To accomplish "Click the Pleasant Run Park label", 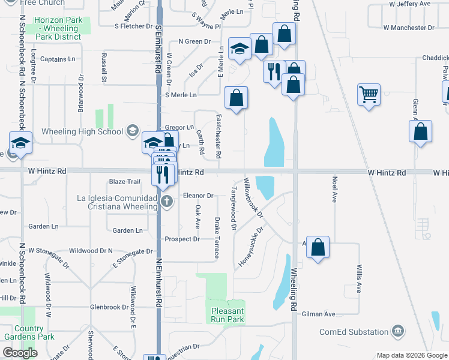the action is pyautogui.click(x=228, y=315).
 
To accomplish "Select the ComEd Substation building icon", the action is pyautogui.click(x=397, y=331).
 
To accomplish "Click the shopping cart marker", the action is pyautogui.click(x=369, y=94).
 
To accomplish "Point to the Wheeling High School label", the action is pyautogui.click(x=82, y=131).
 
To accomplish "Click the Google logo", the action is pyautogui.click(x=20, y=353).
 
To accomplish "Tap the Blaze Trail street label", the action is pyautogui.click(x=124, y=182).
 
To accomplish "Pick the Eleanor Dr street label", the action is pyautogui.click(x=199, y=196).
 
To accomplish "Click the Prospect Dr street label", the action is pyautogui.click(x=182, y=239).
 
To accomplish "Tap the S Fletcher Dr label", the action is pyautogui.click(x=133, y=26).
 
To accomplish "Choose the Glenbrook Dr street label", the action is pyautogui.click(x=109, y=307).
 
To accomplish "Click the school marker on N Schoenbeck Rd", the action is pyautogui.click(x=21, y=144).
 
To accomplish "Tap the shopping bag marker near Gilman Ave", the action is pyautogui.click(x=318, y=247).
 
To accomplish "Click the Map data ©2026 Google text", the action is pyautogui.click(x=411, y=355).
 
